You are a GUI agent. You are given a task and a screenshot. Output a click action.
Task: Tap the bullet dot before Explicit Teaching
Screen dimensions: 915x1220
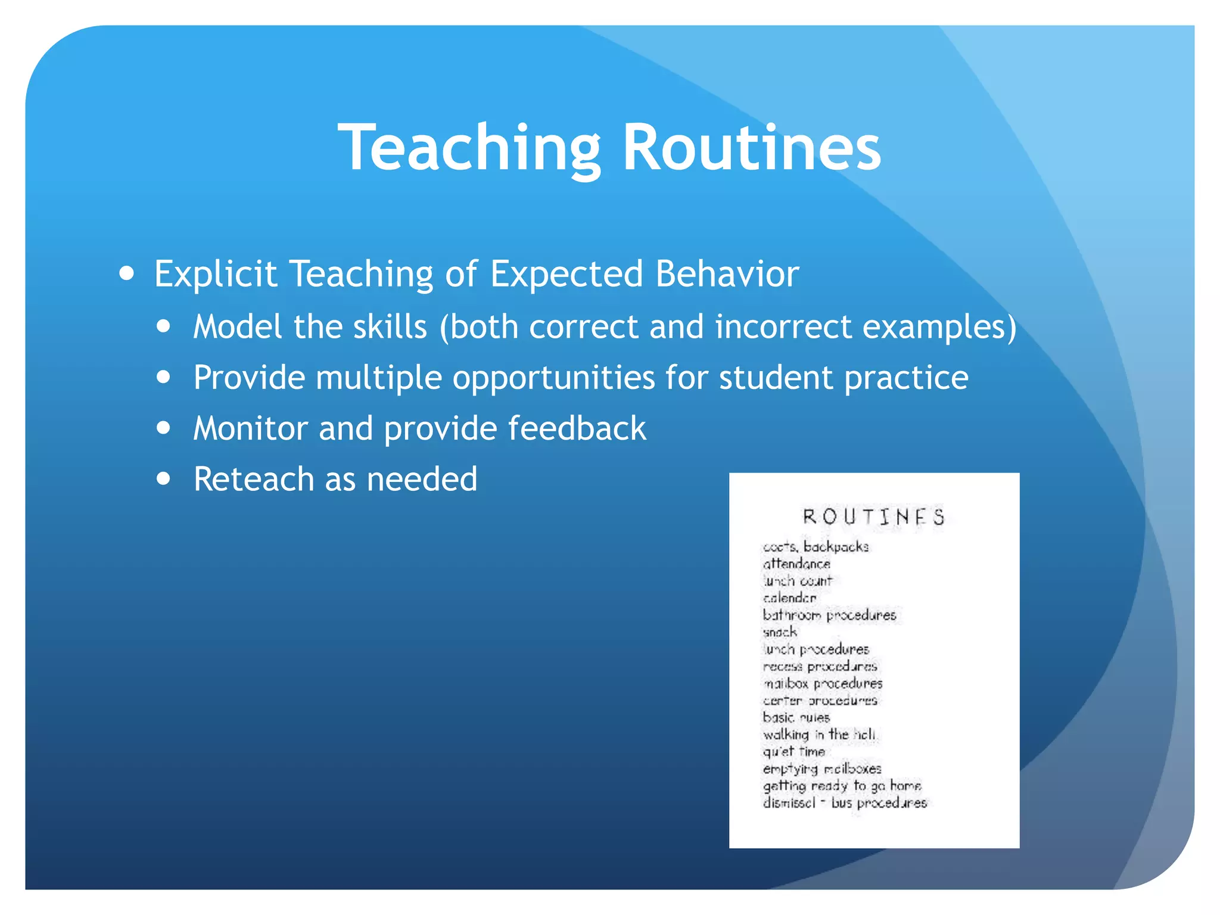point(126,273)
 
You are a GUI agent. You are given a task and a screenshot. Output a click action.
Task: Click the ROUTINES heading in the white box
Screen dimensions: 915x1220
point(873,516)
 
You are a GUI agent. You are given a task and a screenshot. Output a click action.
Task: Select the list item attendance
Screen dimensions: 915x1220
point(796,564)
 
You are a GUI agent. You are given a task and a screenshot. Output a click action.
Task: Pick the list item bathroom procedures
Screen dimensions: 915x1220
point(829,615)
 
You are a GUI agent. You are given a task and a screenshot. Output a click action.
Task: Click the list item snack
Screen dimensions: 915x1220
point(780,632)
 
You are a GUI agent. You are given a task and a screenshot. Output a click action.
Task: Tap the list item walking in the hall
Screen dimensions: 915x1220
point(819,735)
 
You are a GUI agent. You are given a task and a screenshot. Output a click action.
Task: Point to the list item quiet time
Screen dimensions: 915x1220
point(794,752)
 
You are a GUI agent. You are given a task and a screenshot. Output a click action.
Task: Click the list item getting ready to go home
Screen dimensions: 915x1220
point(842,786)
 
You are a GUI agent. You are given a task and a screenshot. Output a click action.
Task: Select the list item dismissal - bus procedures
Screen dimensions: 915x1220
point(845,803)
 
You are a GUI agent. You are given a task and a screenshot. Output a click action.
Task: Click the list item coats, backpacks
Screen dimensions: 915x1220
point(816,546)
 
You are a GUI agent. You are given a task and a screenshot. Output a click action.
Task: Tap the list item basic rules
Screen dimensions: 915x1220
point(796,717)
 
